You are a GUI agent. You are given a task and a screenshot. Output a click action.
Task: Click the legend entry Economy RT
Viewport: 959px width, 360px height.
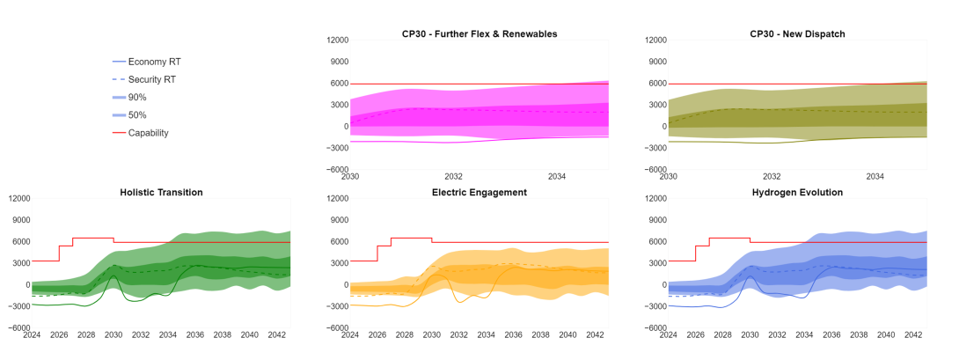[154, 62]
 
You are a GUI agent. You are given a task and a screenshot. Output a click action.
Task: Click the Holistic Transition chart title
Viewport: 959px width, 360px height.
[161, 192]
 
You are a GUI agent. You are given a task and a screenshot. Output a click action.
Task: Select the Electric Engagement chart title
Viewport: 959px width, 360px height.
[479, 192]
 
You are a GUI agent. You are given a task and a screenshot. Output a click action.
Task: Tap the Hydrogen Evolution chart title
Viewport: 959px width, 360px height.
[797, 192]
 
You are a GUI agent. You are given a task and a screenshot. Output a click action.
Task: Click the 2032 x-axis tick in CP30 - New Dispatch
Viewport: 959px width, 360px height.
[772, 177]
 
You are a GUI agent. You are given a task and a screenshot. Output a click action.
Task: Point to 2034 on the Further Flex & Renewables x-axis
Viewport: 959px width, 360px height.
[557, 177]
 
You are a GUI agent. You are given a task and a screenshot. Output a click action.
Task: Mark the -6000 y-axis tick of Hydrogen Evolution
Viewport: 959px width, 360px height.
[655, 327]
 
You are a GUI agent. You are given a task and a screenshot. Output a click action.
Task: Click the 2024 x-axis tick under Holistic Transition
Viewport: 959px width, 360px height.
[32, 335]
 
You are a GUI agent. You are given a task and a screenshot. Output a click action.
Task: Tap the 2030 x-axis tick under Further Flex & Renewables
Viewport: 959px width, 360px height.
[350, 177]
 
